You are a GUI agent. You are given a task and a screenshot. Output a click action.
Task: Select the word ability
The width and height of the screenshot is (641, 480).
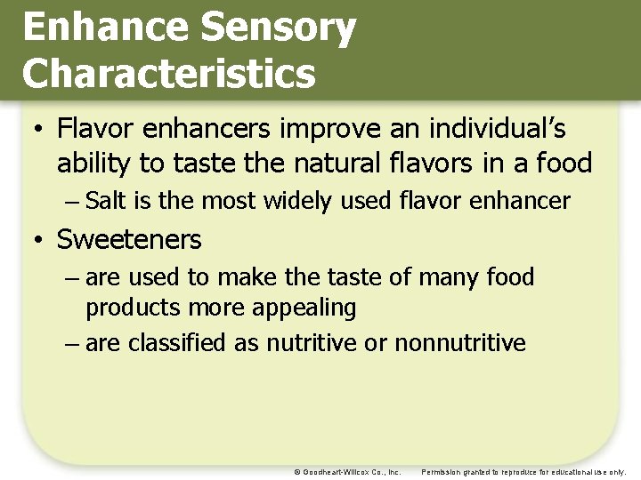(x=93, y=164)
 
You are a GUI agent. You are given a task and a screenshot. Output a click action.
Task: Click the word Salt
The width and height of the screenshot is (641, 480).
(x=106, y=201)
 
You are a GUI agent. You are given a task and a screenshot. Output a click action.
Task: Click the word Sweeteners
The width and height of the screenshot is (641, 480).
(x=129, y=239)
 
